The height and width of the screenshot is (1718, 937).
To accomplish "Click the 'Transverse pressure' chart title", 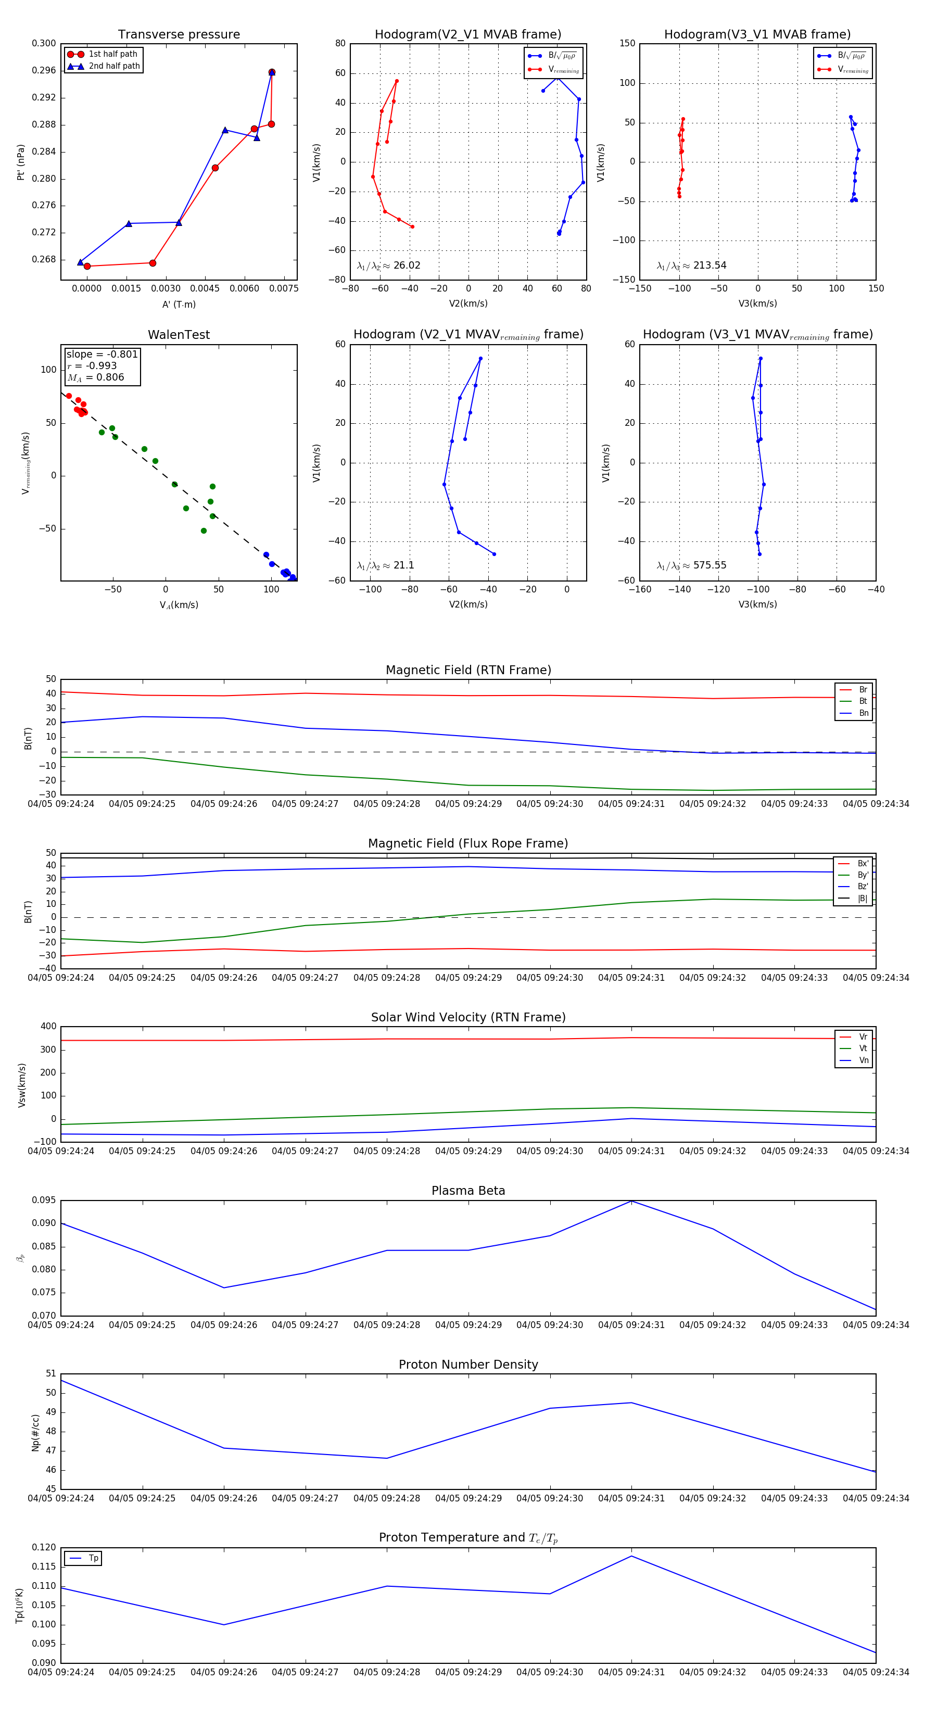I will pyautogui.click(x=179, y=35).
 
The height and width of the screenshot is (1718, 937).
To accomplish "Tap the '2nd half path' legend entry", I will pyautogui.click(x=114, y=66).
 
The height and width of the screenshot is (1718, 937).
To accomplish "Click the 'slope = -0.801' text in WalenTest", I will pyautogui.click(x=102, y=354).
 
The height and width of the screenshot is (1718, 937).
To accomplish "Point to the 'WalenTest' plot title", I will pyautogui.click(x=179, y=335).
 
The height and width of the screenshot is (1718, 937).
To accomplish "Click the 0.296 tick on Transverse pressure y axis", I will pyautogui.click(x=44, y=71).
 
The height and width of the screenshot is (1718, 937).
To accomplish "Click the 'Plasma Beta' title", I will pyautogui.click(x=468, y=1191).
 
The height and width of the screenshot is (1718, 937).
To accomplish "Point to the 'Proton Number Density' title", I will pyautogui.click(x=468, y=1365).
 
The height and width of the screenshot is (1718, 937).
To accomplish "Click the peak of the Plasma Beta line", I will pyautogui.click(x=631, y=1201).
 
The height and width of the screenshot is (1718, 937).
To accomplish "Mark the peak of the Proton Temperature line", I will pyautogui.click(x=631, y=1556).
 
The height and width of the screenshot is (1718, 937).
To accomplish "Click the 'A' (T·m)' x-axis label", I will pyautogui.click(x=179, y=305).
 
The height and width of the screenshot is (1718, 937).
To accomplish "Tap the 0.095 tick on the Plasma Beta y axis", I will pyautogui.click(x=44, y=1201).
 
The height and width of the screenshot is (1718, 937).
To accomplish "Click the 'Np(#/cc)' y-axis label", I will pyautogui.click(x=35, y=1433).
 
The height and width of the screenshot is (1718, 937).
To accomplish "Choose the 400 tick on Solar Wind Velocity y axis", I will pyautogui.click(x=48, y=1027).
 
